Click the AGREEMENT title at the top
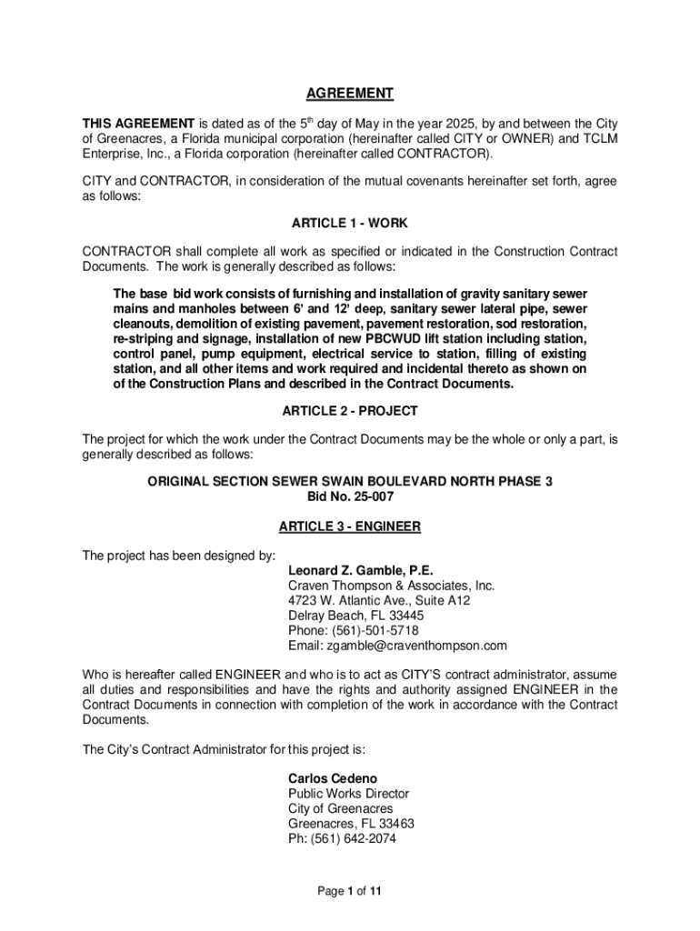(x=349, y=94)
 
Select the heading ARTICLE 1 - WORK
(x=349, y=223)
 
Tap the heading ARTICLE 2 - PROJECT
(x=349, y=411)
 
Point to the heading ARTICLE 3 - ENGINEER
(x=349, y=526)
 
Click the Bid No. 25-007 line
(x=349, y=497)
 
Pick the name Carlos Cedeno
(x=333, y=779)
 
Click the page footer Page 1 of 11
(x=349, y=892)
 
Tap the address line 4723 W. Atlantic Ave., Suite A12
(x=379, y=601)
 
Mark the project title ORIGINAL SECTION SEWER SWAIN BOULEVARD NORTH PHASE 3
(x=349, y=482)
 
